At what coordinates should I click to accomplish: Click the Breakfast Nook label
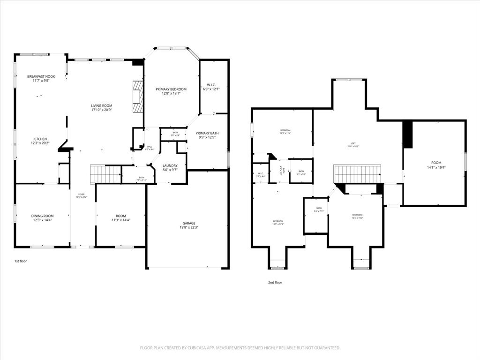(41, 76)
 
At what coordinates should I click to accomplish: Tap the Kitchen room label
(40, 139)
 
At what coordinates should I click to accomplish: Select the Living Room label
(101, 106)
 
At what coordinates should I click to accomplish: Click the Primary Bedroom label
(171, 89)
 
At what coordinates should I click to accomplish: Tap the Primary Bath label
(207, 133)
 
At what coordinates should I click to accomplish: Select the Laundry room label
(170, 165)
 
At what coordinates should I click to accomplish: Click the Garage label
(189, 223)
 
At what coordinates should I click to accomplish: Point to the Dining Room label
(42, 216)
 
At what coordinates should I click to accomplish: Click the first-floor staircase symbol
(105, 174)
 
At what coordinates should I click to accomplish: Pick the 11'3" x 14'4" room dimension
(120, 220)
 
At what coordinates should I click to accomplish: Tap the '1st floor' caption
(21, 261)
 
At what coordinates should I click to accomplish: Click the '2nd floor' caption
(275, 282)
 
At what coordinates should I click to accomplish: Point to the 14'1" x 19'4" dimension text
(436, 167)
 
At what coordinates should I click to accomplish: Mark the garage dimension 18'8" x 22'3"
(189, 228)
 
